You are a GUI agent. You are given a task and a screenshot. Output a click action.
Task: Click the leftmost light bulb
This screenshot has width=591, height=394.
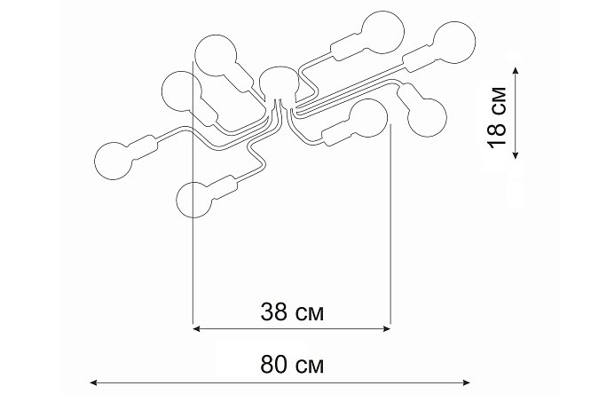(114, 161)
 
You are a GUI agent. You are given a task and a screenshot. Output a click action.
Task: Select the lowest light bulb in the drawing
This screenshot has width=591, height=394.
(194, 200)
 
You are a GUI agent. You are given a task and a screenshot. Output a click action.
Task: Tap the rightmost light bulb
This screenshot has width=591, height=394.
(454, 42)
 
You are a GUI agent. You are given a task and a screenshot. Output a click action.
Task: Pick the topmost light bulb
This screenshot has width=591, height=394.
(382, 32)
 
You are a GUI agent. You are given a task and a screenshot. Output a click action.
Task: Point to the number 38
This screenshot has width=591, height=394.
(274, 312)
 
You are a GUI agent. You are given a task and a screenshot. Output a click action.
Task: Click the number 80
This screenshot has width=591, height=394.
(274, 365)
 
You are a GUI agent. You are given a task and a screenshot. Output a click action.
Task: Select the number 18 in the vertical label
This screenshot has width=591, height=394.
(496, 134)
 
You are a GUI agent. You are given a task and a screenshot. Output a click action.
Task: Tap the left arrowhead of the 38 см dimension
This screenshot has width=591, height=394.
(196, 329)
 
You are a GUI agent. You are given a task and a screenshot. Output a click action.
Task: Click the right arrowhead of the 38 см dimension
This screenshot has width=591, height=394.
(387, 329)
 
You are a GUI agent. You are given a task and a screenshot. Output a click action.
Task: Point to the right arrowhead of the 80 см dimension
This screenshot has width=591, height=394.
(466, 383)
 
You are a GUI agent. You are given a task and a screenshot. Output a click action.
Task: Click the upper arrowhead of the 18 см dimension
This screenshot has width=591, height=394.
(516, 70)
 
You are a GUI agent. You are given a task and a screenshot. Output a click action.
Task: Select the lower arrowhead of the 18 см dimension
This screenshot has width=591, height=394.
(516, 155)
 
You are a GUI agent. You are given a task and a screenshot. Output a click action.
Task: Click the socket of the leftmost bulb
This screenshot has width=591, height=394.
(143, 148)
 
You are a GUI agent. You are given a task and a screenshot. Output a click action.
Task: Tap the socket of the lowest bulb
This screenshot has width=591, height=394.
(223, 187)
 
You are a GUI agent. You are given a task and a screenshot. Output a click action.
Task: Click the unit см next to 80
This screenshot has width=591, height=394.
(309, 366)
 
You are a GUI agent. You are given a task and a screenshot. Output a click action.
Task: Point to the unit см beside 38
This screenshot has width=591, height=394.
(309, 314)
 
